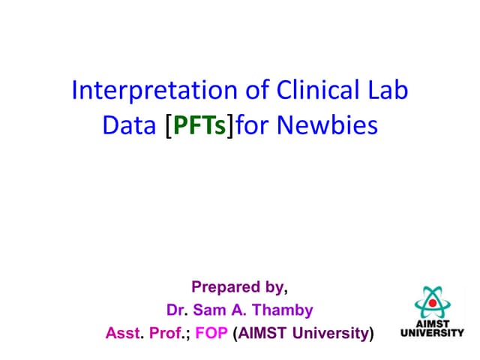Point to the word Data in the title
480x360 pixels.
pos(127,125)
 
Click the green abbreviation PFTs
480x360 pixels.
pos(199,125)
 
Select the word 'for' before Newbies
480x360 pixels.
pos(252,125)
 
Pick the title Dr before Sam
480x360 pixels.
pos(175,309)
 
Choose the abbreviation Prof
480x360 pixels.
pos(166,332)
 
